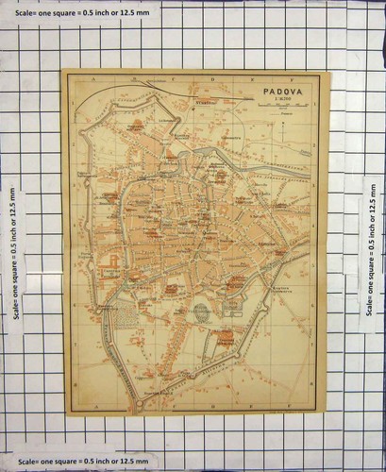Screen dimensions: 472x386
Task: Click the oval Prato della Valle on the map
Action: coord(201,312)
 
